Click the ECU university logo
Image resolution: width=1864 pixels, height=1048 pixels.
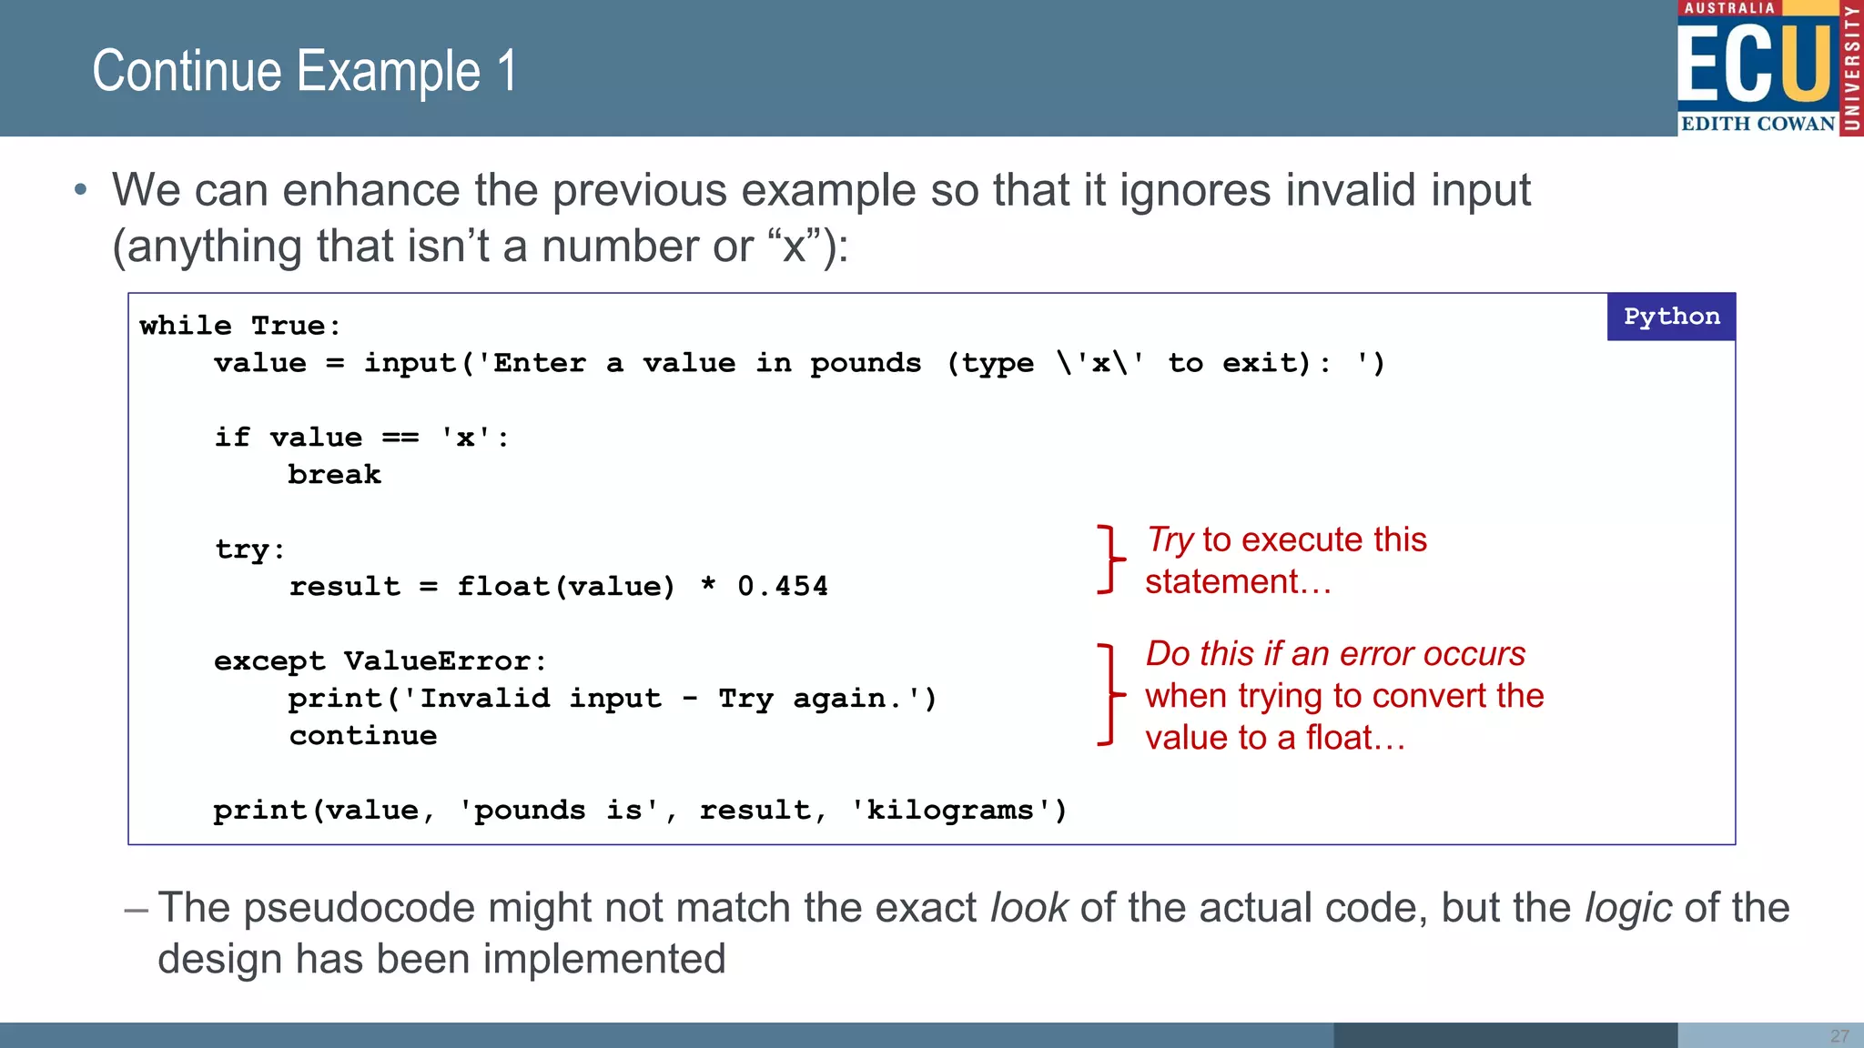tap(1768, 68)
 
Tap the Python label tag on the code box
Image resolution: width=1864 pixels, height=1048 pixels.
tap(1671, 317)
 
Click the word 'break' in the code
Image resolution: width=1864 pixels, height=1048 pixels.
tap(334, 475)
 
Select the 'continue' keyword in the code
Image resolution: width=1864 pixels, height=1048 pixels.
tap(363, 736)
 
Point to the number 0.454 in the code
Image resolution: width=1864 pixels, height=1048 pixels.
tap(783, 587)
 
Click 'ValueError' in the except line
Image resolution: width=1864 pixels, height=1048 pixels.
tap(437, 661)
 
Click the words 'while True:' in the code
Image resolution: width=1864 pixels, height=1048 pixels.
tap(240, 326)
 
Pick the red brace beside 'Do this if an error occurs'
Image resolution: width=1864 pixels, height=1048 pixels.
tap(1109, 695)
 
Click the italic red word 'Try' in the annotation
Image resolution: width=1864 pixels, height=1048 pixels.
tap(1169, 540)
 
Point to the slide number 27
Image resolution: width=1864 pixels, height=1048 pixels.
tap(1839, 1036)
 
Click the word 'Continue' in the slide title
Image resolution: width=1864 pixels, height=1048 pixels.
tap(187, 72)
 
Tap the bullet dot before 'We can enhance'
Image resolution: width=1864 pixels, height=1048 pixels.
tap(81, 190)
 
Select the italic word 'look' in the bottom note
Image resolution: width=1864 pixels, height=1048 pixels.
tap(1028, 908)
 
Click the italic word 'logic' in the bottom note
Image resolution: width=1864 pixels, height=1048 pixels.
tap(1628, 908)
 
